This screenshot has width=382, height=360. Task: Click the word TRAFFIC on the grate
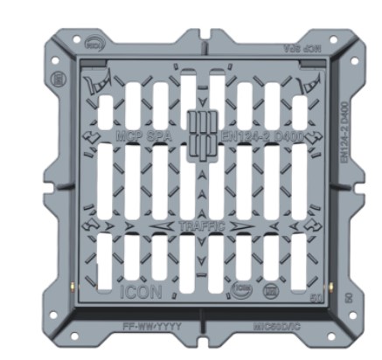[202, 226]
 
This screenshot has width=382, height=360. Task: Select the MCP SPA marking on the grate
[143, 137]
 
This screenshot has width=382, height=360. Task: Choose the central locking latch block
[200, 135]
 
